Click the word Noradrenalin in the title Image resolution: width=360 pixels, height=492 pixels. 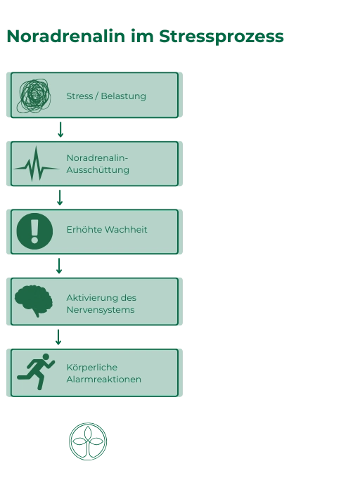click(66, 36)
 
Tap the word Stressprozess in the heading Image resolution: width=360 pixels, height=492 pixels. click(221, 37)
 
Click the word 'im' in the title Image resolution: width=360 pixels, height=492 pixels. click(142, 36)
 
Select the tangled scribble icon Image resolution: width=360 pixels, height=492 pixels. click(34, 96)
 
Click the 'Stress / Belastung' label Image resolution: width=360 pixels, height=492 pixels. click(106, 96)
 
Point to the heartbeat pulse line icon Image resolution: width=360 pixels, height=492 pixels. click(36, 164)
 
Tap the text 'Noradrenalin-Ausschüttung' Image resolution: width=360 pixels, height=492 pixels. click(98, 164)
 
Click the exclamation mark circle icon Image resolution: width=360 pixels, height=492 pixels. click(34, 231)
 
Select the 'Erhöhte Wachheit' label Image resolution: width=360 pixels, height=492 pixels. click(107, 229)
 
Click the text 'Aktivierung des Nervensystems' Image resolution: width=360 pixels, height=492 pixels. click(101, 304)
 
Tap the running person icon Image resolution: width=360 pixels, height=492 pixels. click(36, 372)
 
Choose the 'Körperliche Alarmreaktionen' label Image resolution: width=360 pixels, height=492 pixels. click(103, 373)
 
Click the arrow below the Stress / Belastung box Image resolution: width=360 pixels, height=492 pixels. click(60, 129)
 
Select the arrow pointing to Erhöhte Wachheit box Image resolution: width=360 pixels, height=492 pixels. click(60, 198)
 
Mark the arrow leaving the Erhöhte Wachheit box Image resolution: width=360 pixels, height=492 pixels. click(58, 266)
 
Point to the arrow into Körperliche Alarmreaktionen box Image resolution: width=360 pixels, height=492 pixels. click(58, 337)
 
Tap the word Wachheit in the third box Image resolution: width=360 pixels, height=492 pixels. click(126, 229)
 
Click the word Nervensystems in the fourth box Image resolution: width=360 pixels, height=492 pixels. click(101, 310)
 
